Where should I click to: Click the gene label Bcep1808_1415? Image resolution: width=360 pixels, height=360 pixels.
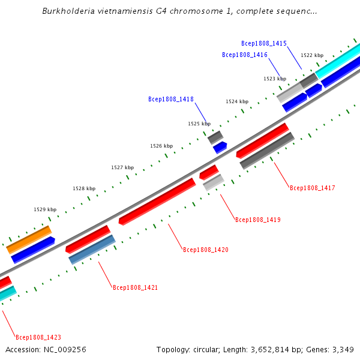[x=264, y=43]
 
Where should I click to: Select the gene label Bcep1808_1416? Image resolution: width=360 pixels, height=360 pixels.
[x=245, y=55]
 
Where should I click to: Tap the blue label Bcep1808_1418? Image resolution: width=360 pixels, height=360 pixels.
[x=171, y=99]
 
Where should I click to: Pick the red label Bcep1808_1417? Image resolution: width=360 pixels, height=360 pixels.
[x=313, y=188]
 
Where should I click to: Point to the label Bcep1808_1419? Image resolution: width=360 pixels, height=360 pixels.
[x=258, y=220]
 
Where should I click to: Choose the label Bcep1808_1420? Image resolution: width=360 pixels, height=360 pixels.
[x=206, y=250]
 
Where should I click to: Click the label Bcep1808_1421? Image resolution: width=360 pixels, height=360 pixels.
[x=136, y=287]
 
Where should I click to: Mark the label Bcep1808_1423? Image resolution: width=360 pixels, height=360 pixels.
[x=38, y=337]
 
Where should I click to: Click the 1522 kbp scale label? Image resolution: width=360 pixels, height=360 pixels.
[x=312, y=55]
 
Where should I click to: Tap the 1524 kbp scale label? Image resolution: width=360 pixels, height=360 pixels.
[x=237, y=101]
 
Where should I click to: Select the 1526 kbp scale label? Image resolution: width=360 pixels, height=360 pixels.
[x=161, y=146]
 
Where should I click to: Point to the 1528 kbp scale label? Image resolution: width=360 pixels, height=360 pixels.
[x=84, y=188]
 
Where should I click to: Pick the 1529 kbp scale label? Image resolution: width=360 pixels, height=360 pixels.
[x=45, y=209]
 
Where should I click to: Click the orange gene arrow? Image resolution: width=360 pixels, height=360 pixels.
[x=29, y=239]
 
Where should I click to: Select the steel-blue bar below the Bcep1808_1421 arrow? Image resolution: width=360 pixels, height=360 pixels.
[x=92, y=250]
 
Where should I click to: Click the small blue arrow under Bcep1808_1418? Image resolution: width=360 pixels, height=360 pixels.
[x=220, y=147]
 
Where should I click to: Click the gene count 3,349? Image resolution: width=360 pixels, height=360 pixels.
[x=343, y=349]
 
